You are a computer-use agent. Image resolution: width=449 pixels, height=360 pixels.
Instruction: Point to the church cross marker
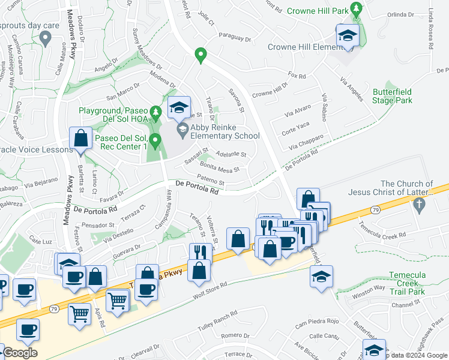[x=420, y=206]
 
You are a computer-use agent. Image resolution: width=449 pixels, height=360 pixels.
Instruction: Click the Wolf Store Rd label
[x=209, y=290]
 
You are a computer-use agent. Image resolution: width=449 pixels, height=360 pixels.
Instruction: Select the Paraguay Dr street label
[x=235, y=37]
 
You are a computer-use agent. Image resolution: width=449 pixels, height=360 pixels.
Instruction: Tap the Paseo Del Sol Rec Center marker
[x=156, y=142]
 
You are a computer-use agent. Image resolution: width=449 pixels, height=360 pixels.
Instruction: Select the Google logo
[x=20, y=353]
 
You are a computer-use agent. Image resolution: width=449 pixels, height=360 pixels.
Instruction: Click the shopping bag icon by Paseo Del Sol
[x=80, y=139]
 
